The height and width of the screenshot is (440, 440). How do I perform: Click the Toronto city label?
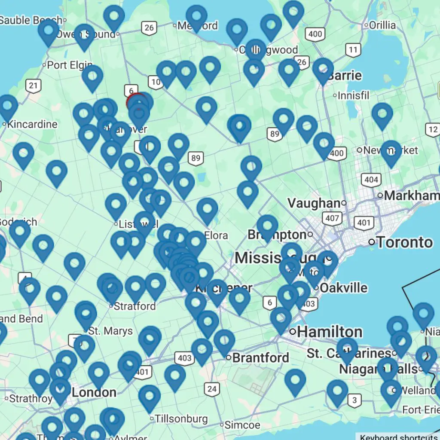click(404, 242)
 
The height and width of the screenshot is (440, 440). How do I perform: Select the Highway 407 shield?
click(332, 218)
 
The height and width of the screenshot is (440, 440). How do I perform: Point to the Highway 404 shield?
click(371, 179)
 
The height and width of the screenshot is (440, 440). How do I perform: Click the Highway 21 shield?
click(34, 85)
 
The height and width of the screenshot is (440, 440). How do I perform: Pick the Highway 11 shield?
click(353, 50)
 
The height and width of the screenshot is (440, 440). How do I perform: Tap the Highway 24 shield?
click(211, 389)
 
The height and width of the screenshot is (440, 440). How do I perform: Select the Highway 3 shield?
click(354, 400)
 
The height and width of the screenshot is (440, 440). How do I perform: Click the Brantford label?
click(260, 357)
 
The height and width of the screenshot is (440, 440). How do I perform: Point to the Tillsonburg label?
click(181, 419)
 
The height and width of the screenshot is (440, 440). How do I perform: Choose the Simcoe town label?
click(243, 425)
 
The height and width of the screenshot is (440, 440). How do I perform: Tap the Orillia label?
click(382, 25)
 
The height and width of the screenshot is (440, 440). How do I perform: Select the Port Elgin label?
click(69, 65)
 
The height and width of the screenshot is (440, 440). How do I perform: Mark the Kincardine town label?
click(32, 125)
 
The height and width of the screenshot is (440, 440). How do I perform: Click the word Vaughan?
click(314, 203)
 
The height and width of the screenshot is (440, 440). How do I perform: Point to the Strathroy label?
click(31, 398)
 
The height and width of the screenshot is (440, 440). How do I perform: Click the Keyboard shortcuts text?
click(399, 437)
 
